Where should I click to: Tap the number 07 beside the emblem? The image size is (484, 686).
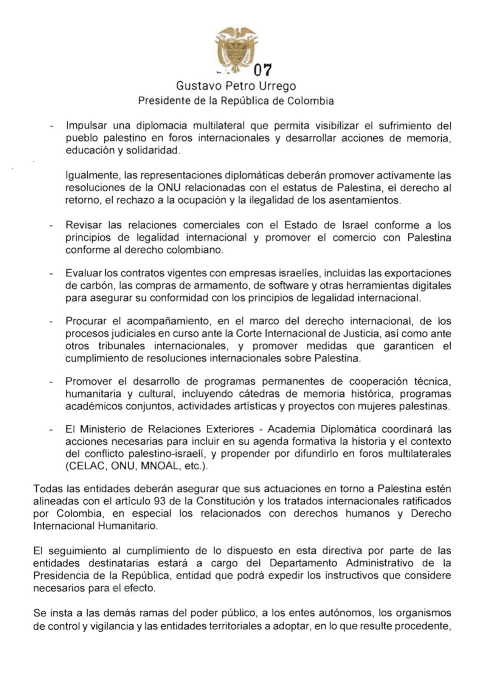(263, 70)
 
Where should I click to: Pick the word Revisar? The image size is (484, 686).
(84, 225)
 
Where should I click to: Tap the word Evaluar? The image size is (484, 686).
(83, 273)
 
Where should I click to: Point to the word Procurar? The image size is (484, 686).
(85, 321)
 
